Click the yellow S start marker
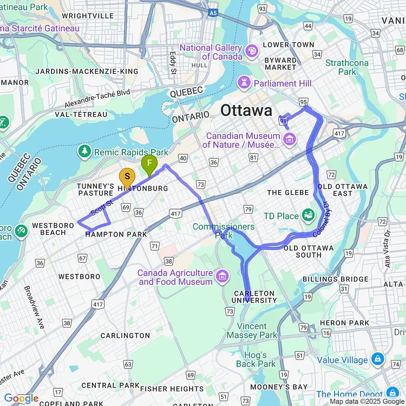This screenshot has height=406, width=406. (127, 178)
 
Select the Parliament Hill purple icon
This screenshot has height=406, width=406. (244, 83)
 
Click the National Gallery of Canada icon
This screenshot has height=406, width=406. (252, 51)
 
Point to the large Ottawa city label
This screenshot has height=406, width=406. (246, 111)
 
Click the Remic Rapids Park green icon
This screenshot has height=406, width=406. (84, 152)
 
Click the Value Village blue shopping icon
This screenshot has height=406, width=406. (377, 360)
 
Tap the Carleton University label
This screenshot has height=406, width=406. (254, 297)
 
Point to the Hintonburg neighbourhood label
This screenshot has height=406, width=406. (143, 188)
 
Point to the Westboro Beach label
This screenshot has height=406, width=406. (49, 229)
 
